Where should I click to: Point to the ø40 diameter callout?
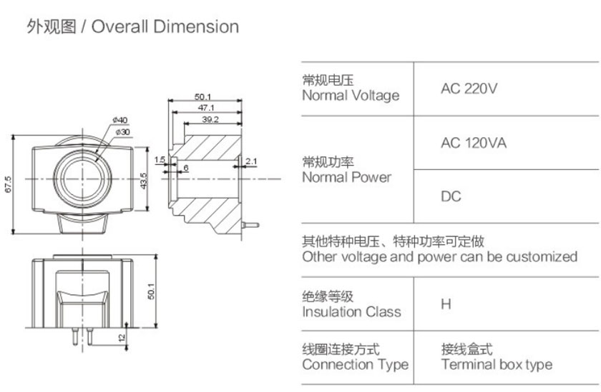119,119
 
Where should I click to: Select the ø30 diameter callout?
123,131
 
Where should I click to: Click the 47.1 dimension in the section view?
207,107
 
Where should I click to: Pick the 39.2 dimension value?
210,119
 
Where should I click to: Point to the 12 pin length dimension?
122,337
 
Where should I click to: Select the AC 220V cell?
469,89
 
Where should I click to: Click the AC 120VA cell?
474,143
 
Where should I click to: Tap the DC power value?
451,196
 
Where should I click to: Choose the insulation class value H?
446,303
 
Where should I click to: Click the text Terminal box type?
497,365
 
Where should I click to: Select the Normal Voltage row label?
351,96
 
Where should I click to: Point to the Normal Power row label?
347,177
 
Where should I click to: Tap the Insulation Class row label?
351,311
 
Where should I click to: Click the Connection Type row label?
355,365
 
